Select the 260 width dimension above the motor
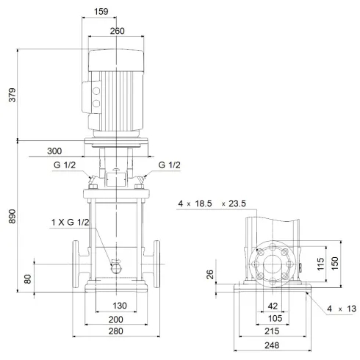116,31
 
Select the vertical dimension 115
320,264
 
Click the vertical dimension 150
336,264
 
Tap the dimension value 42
272,306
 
